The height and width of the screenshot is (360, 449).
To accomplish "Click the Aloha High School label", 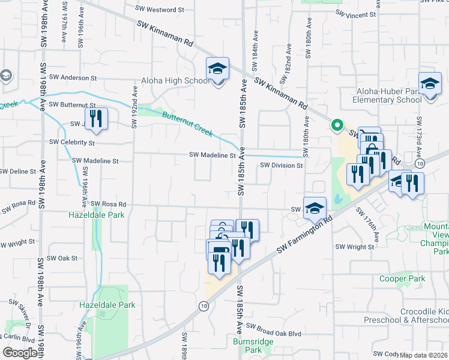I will pyautogui.click(x=175, y=81).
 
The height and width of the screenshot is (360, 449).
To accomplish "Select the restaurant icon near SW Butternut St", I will pyautogui.click(x=95, y=119).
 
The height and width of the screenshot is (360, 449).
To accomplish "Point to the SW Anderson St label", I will pyautogui.click(x=73, y=77).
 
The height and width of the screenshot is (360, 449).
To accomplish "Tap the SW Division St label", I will pyautogui.click(x=281, y=165).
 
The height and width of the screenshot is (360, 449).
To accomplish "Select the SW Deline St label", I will pyautogui.click(x=18, y=171).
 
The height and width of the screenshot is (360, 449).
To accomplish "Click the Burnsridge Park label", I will pyautogui.click(x=247, y=345).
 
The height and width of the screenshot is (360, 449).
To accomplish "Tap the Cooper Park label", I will pyautogui.click(x=402, y=278).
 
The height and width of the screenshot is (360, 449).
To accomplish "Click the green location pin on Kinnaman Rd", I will pyautogui.click(x=337, y=125).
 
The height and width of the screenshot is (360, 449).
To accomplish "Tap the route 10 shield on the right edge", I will pyautogui.click(x=420, y=163).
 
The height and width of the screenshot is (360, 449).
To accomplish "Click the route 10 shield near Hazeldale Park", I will pyautogui.click(x=205, y=306).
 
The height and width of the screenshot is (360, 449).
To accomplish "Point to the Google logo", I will pyautogui.click(x=19, y=353).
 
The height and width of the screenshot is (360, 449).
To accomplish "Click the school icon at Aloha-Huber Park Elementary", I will pyautogui.click(x=430, y=85).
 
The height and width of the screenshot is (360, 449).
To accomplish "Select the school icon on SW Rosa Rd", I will pyautogui.click(x=315, y=208).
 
